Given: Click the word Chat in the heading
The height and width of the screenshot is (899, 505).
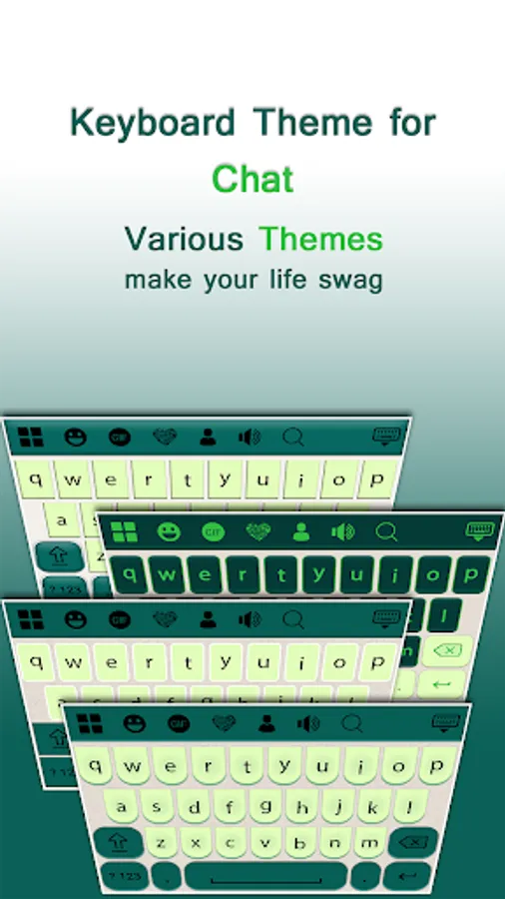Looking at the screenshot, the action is [x=252, y=179].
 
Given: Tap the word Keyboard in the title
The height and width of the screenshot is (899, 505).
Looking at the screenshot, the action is [x=153, y=122].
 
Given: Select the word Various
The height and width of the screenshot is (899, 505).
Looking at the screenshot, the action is [x=184, y=239].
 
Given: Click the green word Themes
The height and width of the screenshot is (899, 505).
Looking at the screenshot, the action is [x=320, y=239].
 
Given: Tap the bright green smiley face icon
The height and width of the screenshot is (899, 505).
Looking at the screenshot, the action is [x=169, y=532].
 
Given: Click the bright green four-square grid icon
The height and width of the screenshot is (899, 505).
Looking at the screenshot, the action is [x=124, y=531].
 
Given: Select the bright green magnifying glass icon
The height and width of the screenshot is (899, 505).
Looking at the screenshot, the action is [x=387, y=532].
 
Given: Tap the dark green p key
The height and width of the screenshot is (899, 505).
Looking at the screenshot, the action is [x=471, y=574].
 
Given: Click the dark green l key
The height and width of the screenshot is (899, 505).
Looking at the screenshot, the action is [x=444, y=615].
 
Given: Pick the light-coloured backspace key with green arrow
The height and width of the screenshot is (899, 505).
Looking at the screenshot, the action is [x=447, y=651].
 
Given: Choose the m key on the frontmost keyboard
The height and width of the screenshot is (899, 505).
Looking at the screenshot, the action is [x=368, y=843].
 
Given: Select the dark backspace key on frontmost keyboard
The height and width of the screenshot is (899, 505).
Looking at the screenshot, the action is [x=413, y=843].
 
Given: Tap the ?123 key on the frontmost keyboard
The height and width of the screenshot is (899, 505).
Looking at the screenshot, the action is [x=124, y=877].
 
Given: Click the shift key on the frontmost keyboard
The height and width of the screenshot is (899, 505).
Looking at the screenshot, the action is [x=119, y=843].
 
